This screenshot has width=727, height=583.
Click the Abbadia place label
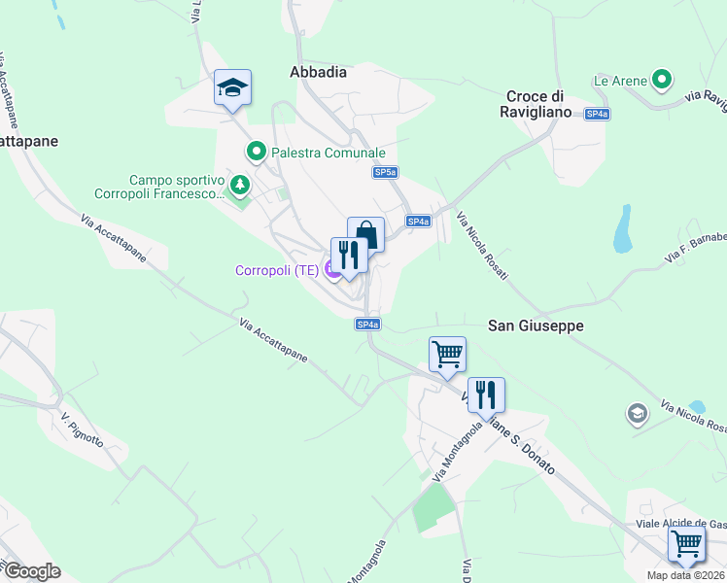[x=318, y=71]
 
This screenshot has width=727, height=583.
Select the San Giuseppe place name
[x=535, y=326]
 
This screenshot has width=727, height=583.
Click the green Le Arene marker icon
[x=663, y=80]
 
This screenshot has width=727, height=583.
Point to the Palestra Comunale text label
[x=329, y=153]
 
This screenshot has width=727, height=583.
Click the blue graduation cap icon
[x=232, y=88]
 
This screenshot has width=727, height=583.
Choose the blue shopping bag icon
[x=365, y=234]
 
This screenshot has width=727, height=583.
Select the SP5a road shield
[x=385, y=172]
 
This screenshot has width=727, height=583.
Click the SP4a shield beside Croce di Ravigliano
[x=597, y=114]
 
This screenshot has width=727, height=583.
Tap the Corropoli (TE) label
[x=277, y=270]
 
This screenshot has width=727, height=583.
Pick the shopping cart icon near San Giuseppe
[x=447, y=355]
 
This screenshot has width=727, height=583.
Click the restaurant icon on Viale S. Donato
[x=486, y=394]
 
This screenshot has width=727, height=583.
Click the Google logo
[x=31, y=571]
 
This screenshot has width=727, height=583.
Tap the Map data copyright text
[x=686, y=575]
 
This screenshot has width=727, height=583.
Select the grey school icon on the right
[x=637, y=413]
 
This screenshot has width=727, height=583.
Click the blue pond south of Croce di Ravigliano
[x=622, y=230]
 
